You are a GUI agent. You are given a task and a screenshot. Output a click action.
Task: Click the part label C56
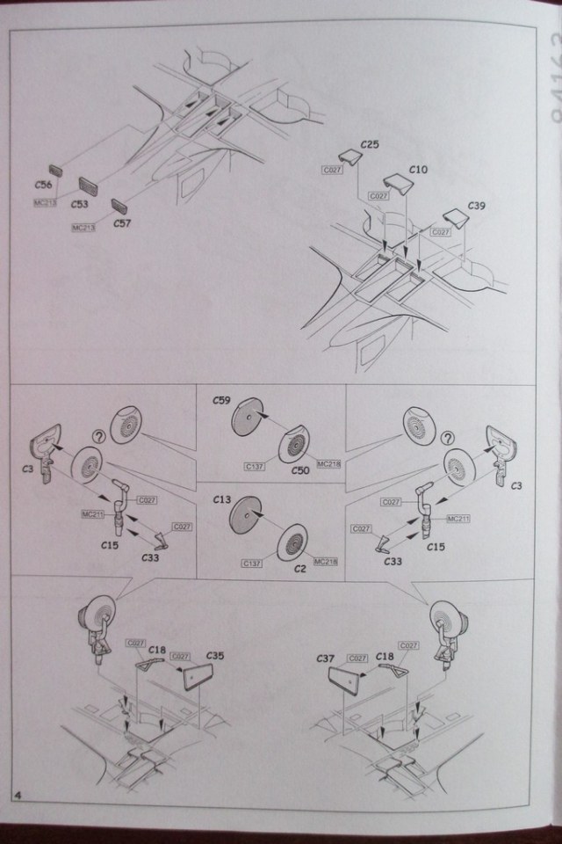(43, 185)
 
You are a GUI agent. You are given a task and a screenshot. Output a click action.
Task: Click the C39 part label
(475, 206)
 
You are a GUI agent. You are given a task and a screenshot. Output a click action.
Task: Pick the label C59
(222, 402)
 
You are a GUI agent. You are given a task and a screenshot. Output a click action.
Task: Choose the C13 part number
(222, 499)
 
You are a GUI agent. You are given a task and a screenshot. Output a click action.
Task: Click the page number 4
(18, 796)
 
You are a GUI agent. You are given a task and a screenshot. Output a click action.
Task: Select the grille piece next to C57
(119, 207)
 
